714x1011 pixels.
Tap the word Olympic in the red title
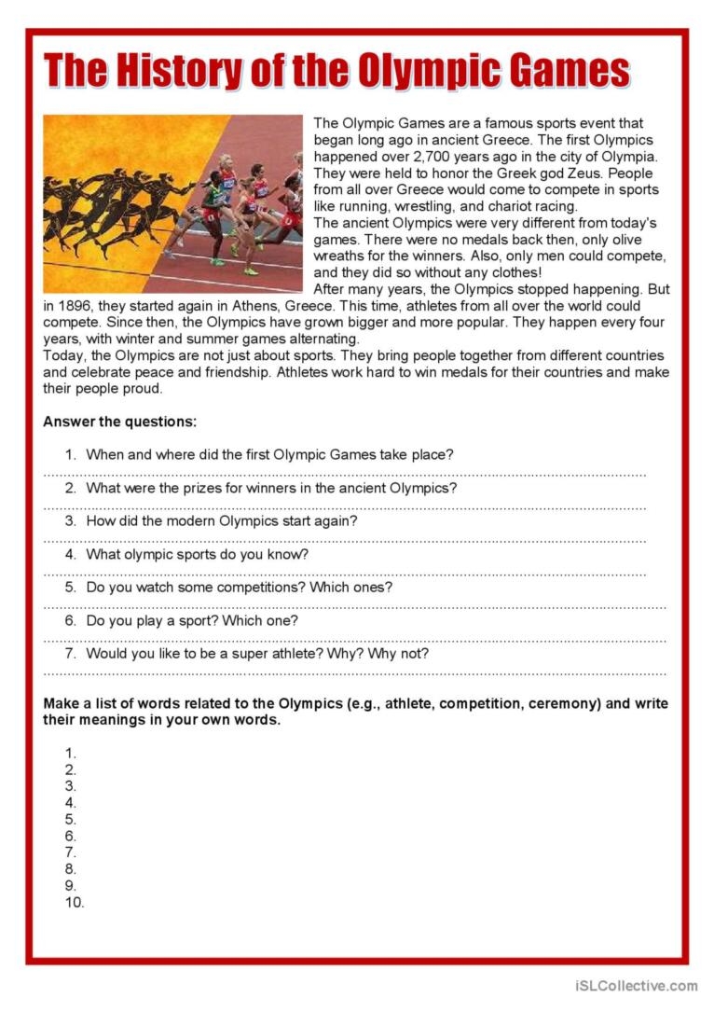pyautogui.click(x=426, y=72)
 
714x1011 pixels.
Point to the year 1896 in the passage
pyautogui.click(x=78, y=306)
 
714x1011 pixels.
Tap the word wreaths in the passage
pyautogui.click(x=342, y=256)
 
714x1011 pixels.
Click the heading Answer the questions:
pyautogui.click(x=120, y=422)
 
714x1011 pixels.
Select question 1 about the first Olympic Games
pyautogui.click(x=268, y=455)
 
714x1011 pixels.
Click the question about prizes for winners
pyautogui.click(x=270, y=488)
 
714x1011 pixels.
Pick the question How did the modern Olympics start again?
pyautogui.click(x=221, y=521)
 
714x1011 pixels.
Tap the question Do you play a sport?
pyautogui.click(x=191, y=620)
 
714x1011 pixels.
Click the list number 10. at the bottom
pyautogui.click(x=75, y=903)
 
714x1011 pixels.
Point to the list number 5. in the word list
pyautogui.click(x=70, y=820)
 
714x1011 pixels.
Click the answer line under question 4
pyautogui.click(x=345, y=572)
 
